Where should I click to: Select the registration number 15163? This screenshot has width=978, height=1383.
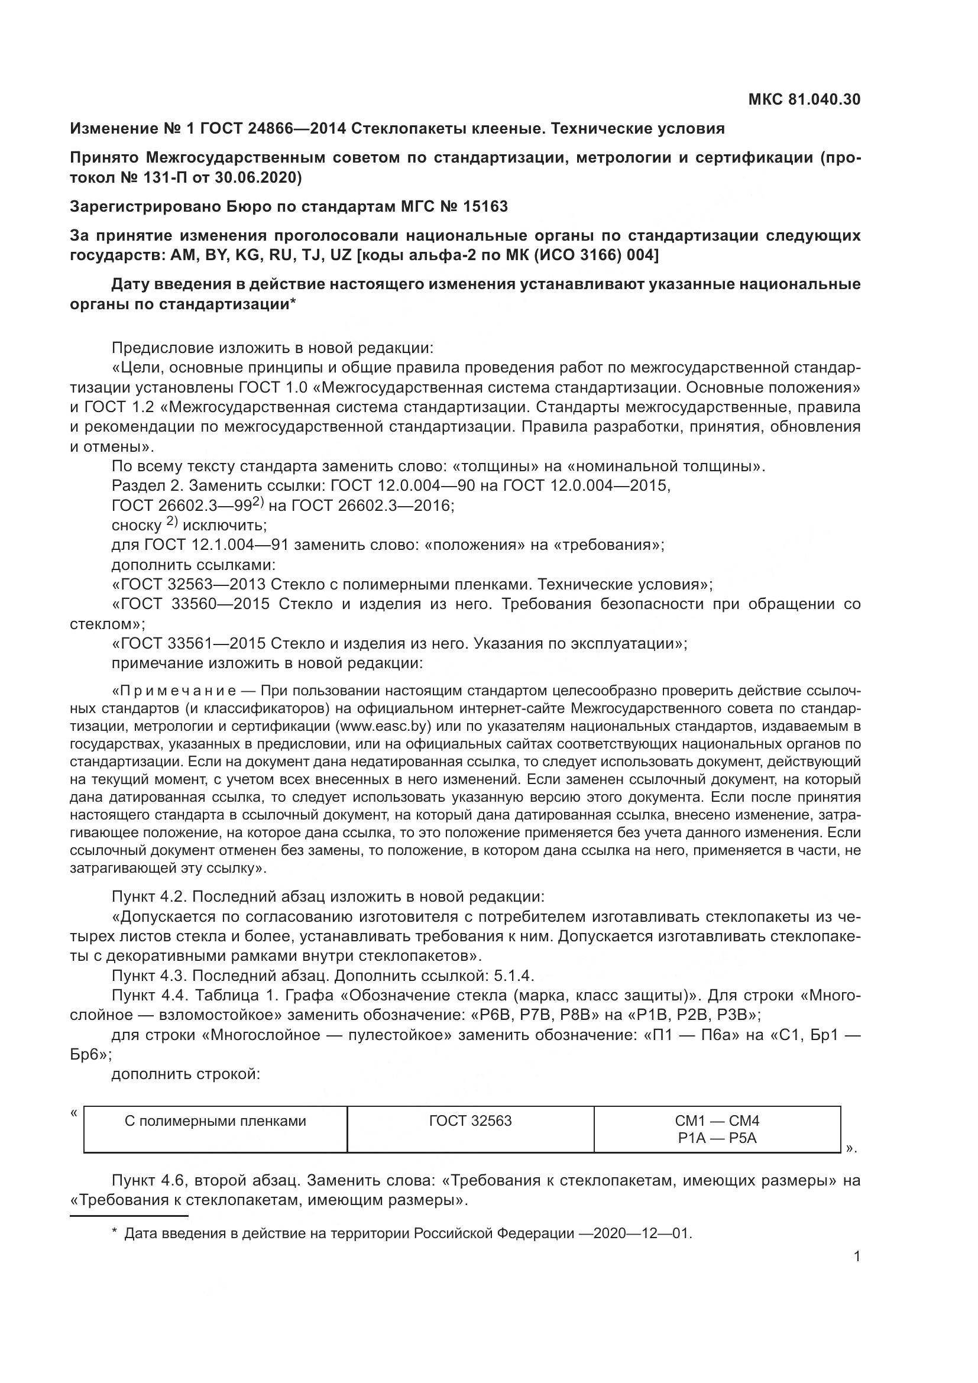coord(485,206)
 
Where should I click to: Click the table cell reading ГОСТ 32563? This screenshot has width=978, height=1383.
coord(470,1121)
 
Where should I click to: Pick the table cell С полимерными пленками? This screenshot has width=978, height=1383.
coord(215,1121)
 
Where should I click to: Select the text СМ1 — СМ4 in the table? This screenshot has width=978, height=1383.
coord(717,1121)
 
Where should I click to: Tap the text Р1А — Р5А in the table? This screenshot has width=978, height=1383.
coord(717,1138)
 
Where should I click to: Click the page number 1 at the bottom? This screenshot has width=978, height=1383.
coord(857,1256)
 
